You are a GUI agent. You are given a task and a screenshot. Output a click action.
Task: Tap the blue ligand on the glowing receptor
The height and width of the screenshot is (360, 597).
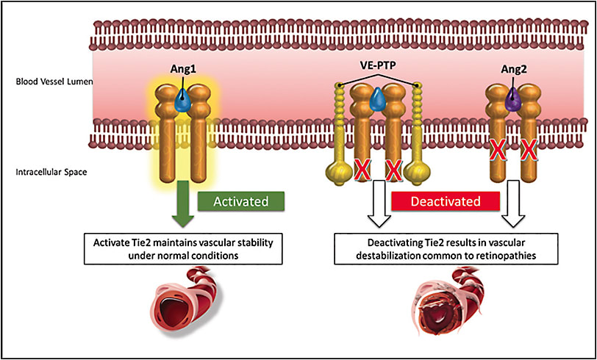click(181, 104)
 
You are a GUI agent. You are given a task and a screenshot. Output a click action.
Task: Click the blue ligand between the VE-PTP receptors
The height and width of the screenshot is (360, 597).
click(378, 99)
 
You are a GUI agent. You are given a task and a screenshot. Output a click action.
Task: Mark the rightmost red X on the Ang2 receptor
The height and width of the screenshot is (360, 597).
click(527, 152)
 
